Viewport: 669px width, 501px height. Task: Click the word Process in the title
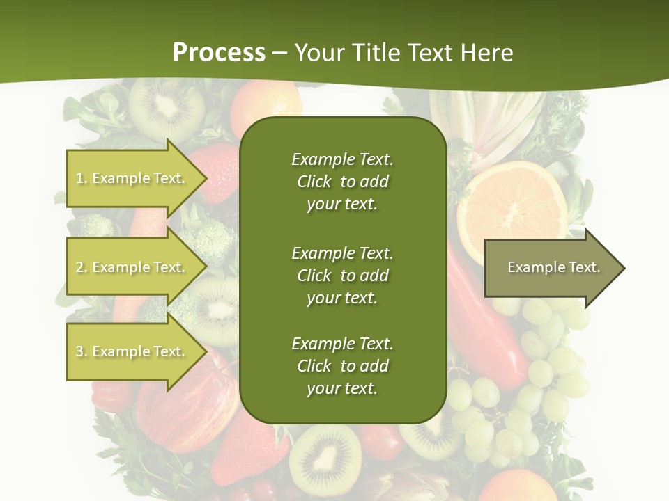tap(219, 52)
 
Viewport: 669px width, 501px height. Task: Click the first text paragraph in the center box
tap(342, 182)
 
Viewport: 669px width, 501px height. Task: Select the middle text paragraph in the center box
tap(342, 275)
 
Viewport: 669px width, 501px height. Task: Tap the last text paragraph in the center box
tap(342, 366)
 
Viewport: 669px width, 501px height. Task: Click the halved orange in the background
tap(512, 202)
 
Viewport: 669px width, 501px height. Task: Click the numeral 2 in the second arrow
tap(79, 267)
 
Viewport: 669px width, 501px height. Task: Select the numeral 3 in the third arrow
tap(79, 351)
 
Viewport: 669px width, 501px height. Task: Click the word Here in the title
tap(488, 52)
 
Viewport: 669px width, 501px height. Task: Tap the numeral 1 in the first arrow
tap(79, 178)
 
